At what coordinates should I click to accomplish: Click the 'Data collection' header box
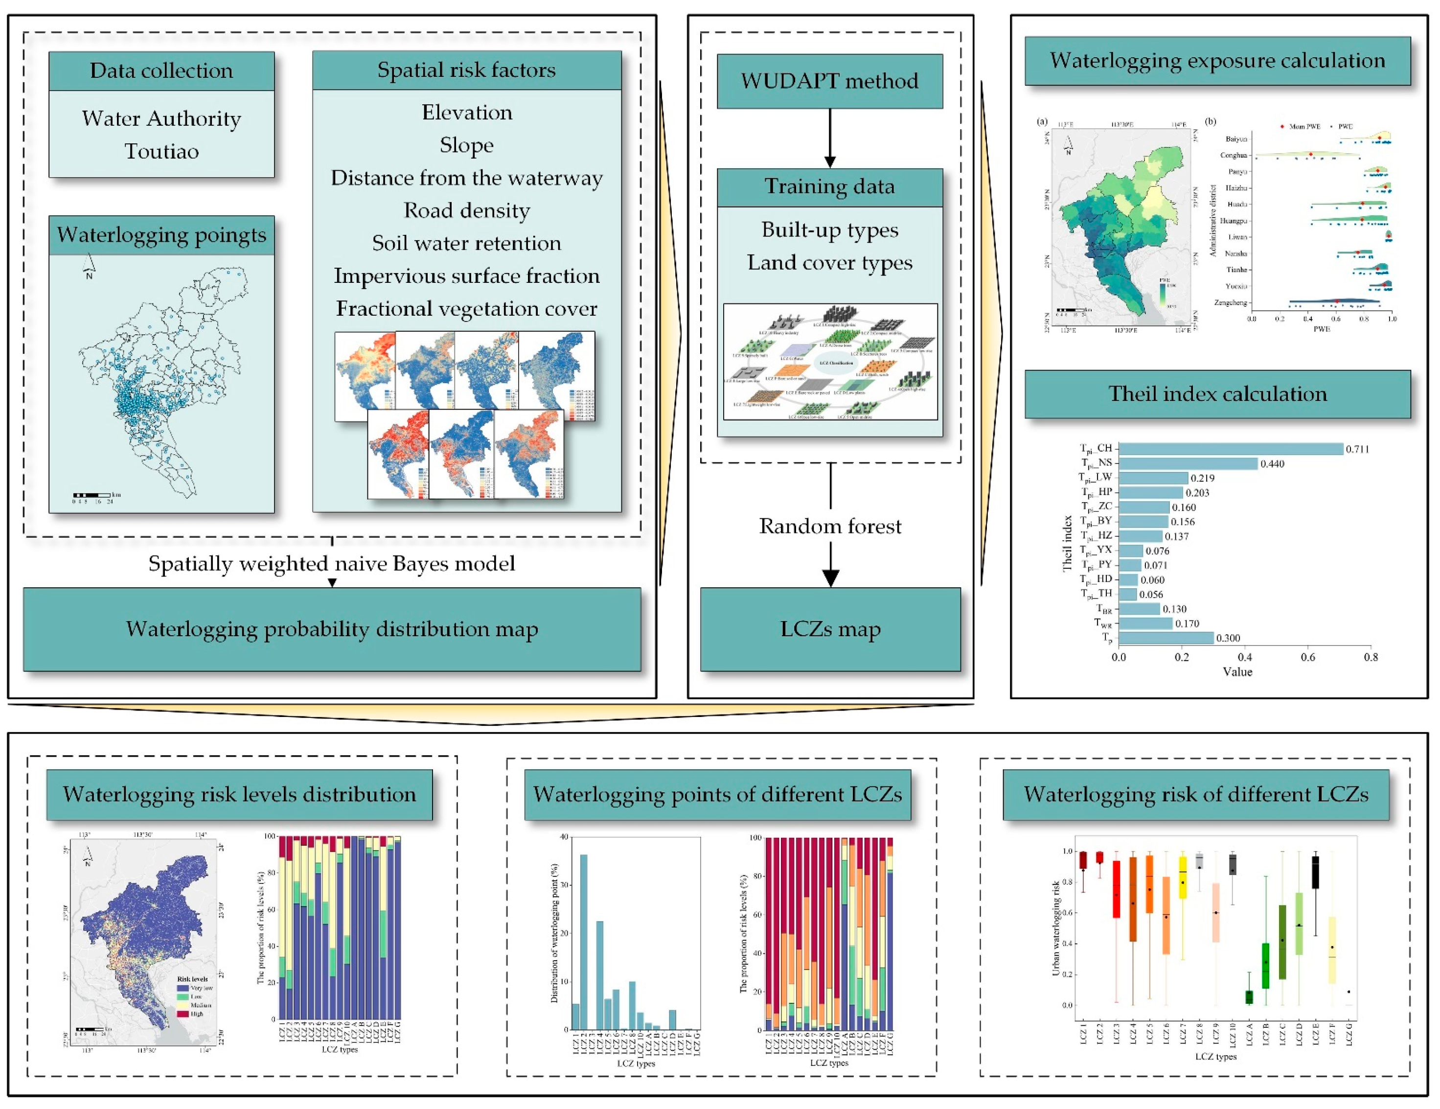pyautogui.click(x=161, y=70)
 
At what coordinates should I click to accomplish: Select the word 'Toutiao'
pyautogui.click(x=161, y=152)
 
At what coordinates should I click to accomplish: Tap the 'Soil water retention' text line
pyautogui.click(x=466, y=243)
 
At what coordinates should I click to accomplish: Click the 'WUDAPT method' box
pyautogui.click(x=829, y=81)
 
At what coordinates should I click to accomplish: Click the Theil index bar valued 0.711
pyautogui.click(x=1230, y=449)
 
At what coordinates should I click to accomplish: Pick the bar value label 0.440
pyautogui.click(x=1272, y=464)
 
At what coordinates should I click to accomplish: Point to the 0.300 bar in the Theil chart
pyautogui.click(x=1166, y=638)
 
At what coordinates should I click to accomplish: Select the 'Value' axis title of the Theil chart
pyautogui.click(x=1237, y=672)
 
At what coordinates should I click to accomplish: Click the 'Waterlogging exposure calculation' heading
pyautogui.click(x=1217, y=61)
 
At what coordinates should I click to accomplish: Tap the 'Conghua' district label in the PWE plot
pyautogui.click(x=1233, y=156)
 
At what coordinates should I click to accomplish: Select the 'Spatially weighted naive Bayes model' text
pyautogui.click(x=332, y=564)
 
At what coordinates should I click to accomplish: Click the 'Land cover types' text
pyautogui.click(x=829, y=262)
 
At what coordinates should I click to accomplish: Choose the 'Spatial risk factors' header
pyautogui.click(x=466, y=70)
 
